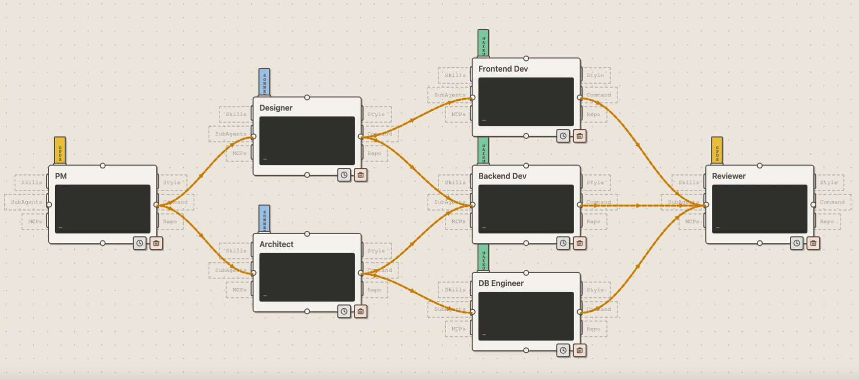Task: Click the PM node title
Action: pyautogui.click(x=61, y=176)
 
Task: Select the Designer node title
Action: pyautogui.click(x=276, y=108)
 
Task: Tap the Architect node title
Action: pyautogui.click(x=276, y=244)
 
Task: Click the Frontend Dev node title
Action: pyautogui.click(x=503, y=69)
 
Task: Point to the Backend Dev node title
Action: pyautogui.click(x=502, y=176)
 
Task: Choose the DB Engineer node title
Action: pyautogui.click(x=501, y=283)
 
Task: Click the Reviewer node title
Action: pyautogui.click(x=728, y=176)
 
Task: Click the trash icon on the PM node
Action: pyautogui.click(x=156, y=243)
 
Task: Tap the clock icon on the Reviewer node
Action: pyautogui.click(x=796, y=243)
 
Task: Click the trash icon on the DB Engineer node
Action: pyautogui.click(x=579, y=350)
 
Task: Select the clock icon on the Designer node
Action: pyautogui.click(x=344, y=175)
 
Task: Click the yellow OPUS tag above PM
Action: pyautogui.click(x=60, y=150)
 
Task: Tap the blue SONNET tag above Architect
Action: pyautogui.click(x=264, y=219)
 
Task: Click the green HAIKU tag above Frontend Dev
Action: pyautogui.click(x=483, y=43)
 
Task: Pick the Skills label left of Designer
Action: pyautogui.click(x=236, y=114)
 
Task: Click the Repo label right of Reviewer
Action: pyautogui.click(x=826, y=221)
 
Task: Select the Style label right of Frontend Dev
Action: pyautogui.click(x=595, y=75)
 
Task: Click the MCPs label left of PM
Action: pyautogui.click(x=35, y=221)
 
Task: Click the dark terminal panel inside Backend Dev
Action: pyautogui.click(x=526, y=209)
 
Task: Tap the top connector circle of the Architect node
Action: pyautogui.click(x=307, y=234)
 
